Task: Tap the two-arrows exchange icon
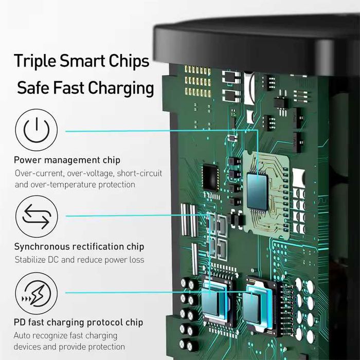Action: click(36, 217)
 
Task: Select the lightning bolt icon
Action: click(36, 293)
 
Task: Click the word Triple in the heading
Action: click(35, 61)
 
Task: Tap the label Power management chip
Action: click(67, 160)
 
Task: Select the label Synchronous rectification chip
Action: click(79, 247)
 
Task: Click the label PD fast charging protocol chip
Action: click(78, 323)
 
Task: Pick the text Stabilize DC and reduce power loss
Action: click(79, 260)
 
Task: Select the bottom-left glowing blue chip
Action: click(215, 299)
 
